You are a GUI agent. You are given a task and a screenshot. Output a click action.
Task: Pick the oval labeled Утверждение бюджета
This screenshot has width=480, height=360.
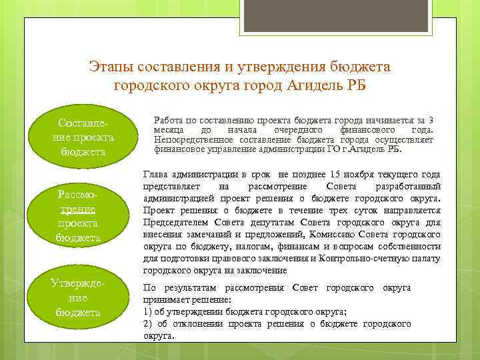(x=78, y=297)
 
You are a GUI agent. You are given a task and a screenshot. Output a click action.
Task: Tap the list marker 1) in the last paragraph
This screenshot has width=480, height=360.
(x=148, y=311)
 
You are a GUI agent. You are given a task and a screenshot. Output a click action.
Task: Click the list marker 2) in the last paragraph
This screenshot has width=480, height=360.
(x=148, y=323)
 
